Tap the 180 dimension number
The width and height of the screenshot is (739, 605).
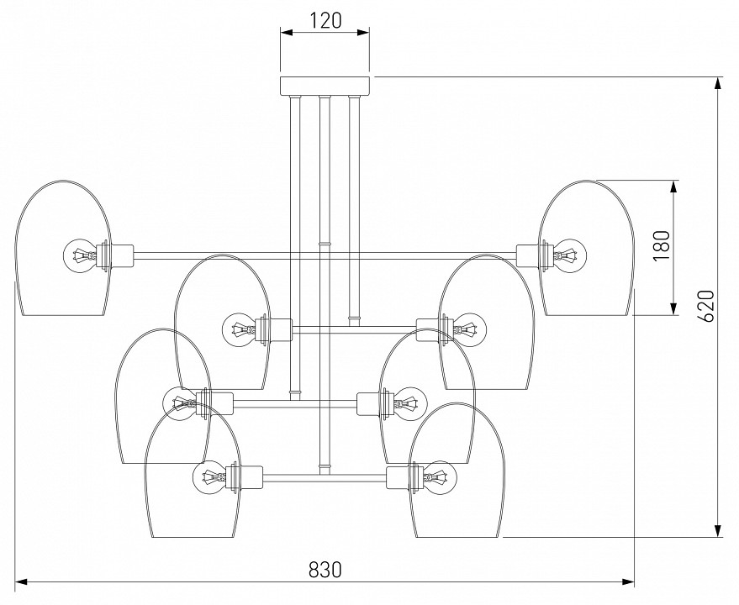[661, 247]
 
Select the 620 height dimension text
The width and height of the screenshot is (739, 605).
[705, 306]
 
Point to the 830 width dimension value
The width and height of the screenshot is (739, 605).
[325, 569]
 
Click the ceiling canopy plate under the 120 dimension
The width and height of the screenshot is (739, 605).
[325, 86]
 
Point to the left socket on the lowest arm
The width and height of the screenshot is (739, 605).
[250, 479]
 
